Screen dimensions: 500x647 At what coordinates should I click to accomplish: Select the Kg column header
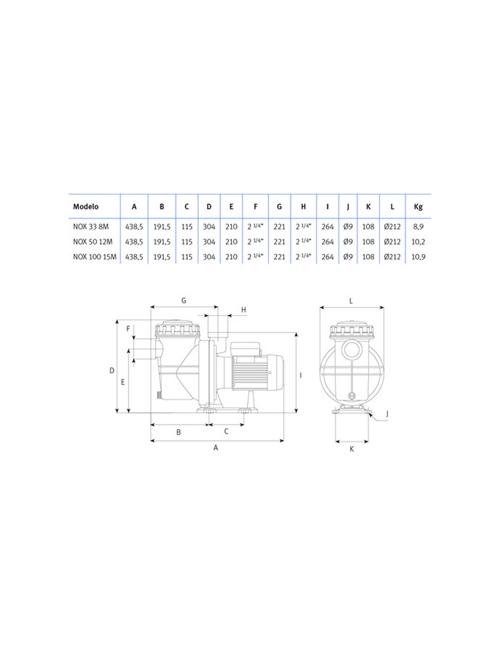[x=418, y=207]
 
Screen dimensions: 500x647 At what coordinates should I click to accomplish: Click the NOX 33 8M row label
[x=91, y=227]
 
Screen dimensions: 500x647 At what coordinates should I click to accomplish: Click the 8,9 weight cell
[x=418, y=227]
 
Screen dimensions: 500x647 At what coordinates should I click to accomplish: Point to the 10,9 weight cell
[x=418, y=257]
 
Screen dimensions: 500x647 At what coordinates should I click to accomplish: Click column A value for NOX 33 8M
[x=134, y=227]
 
